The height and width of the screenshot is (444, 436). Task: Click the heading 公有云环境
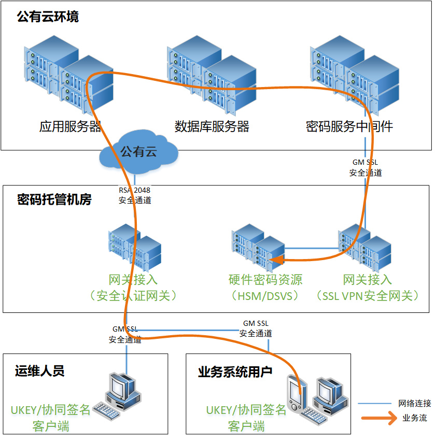[48, 17]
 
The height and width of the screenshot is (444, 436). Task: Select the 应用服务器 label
[70, 126]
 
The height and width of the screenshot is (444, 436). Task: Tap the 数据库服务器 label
[212, 126]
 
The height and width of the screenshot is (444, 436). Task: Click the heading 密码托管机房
[54, 200]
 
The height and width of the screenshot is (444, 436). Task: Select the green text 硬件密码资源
[265, 280]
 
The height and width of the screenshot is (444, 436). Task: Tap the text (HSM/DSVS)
[265, 296]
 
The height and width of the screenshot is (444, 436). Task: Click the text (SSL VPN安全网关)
[367, 296]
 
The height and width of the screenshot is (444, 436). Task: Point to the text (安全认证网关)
[133, 296]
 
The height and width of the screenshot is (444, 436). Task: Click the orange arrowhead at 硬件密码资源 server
[276, 260]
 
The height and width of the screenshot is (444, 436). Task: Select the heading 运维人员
[39, 371]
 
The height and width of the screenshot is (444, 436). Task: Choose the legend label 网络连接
[414, 404]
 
